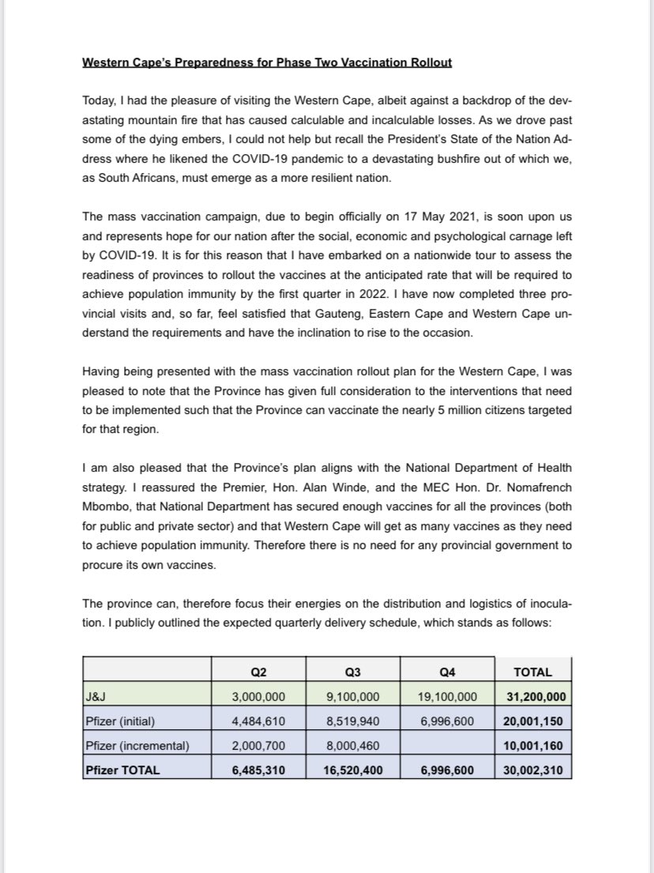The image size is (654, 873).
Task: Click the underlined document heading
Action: tap(267, 63)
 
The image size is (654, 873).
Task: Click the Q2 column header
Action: tap(258, 672)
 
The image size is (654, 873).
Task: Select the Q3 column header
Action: tap(353, 672)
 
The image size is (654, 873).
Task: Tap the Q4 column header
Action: tap(448, 672)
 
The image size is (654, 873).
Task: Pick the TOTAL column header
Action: tap(532, 672)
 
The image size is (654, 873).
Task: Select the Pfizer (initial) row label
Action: tap(121, 721)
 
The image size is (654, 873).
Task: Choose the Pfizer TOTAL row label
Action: tap(122, 769)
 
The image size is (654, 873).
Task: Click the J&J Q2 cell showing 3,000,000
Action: tap(258, 697)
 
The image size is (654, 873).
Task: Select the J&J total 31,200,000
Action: tap(535, 697)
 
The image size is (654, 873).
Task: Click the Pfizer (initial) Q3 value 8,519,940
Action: tap(353, 721)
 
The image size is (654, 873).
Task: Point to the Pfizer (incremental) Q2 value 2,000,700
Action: tap(258, 745)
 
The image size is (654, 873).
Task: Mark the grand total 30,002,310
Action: tap(535, 769)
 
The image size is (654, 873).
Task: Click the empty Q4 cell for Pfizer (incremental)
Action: tap(448, 745)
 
